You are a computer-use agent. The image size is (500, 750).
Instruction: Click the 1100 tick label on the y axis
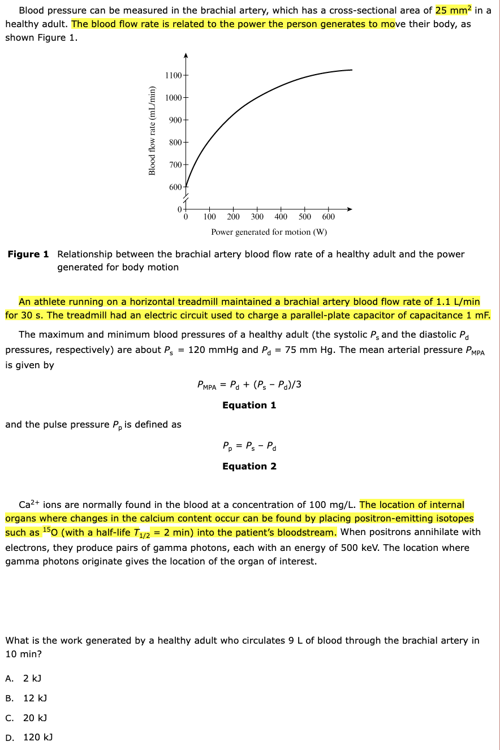click(x=173, y=76)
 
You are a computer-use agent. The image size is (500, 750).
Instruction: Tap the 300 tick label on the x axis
click(x=257, y=217)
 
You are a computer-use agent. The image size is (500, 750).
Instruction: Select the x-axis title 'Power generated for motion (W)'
click(x=269, y=232)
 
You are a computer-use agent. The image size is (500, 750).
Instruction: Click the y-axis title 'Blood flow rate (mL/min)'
click(x=152, y=131)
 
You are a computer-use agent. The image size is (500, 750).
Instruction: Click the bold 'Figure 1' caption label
click(x=28, y=254)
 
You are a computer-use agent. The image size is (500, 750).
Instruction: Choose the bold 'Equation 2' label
click(x=249, y=466)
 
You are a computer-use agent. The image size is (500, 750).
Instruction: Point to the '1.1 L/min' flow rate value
click(x=458, y=301)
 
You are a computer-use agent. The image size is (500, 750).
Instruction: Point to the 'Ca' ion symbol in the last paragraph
click(x=24, y=505)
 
